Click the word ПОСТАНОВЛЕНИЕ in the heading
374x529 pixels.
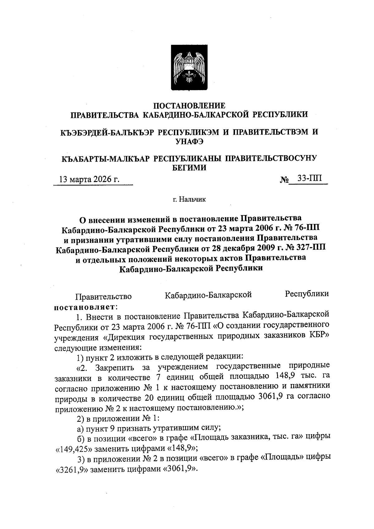tap(190, 105)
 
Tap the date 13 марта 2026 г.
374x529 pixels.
tap(90, 180)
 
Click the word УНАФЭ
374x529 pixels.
tap(189, 142)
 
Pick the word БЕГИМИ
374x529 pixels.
tap(189, 168)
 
